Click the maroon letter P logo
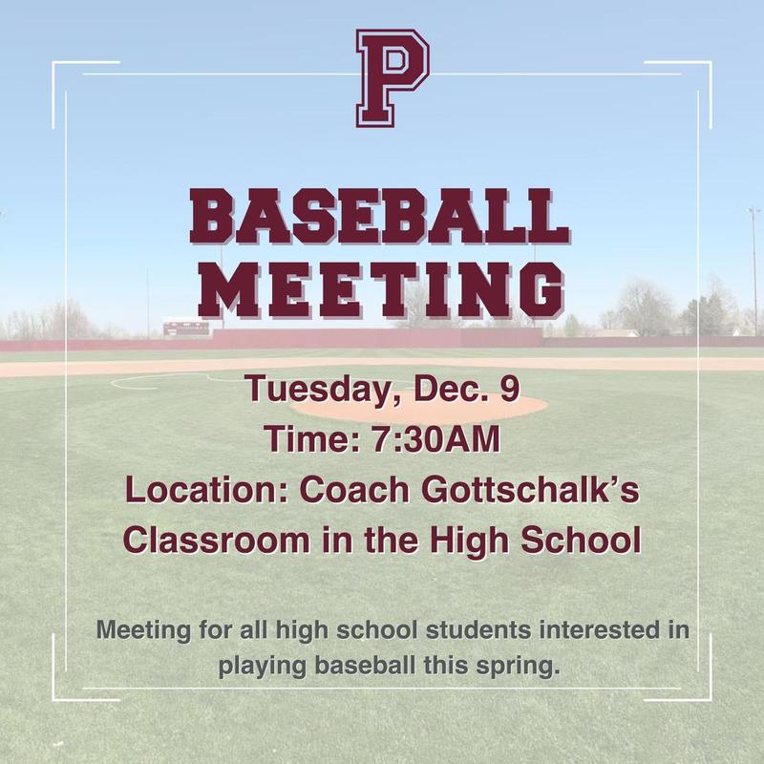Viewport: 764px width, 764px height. coord(392,78)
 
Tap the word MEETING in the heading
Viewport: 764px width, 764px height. coord(381,286)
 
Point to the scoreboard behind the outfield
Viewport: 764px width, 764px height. coord(184,329)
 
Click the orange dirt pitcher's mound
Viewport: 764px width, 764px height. coord(420,406)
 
